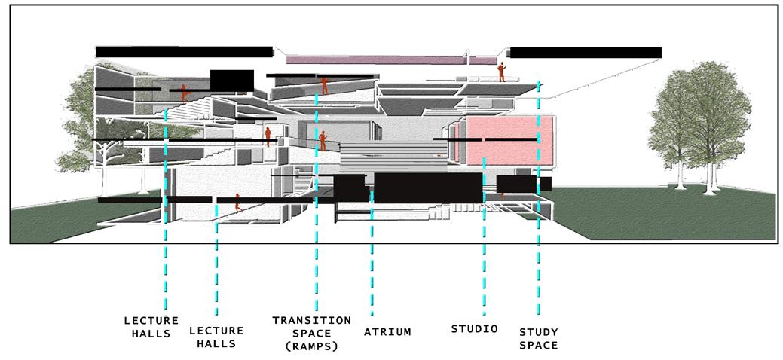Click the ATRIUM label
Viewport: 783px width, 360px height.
coord(387,332)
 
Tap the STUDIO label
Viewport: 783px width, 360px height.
coord(475,329)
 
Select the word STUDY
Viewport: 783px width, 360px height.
coord(539,331)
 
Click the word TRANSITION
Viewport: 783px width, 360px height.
coord(311,320)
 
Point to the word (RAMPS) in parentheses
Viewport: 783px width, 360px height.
coord(311,347)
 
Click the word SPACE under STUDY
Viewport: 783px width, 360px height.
coord(539,346)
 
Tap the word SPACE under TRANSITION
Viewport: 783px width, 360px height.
coord(311,334)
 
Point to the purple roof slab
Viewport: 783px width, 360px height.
coord(377,59)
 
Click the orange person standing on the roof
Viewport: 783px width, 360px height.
coord(500,72)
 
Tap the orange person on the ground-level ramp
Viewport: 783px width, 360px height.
coord(237,202)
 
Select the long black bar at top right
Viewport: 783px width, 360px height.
coord(586,53)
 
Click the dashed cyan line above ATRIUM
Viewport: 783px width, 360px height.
coord(372,264)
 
